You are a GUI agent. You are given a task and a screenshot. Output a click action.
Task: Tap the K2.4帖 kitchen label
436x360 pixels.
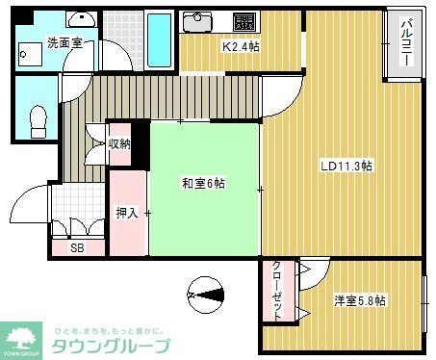(x=241, y=46)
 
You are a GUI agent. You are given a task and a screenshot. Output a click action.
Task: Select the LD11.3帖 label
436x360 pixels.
(x=346, y=166)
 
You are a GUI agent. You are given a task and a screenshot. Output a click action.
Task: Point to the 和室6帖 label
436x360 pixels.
(x=203, y=183)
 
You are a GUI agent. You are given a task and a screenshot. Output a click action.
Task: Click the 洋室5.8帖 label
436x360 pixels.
(x=360, y=300)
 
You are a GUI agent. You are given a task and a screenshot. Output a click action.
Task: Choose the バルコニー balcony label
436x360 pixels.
(x=405, y=43)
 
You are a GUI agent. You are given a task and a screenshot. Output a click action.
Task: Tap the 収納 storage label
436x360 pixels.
(x=119, y=144)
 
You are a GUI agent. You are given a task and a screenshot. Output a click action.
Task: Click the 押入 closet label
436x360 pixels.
(x=127, y=214)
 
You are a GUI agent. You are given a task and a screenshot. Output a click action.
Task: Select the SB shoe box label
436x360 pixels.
(x=75, y=247)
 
